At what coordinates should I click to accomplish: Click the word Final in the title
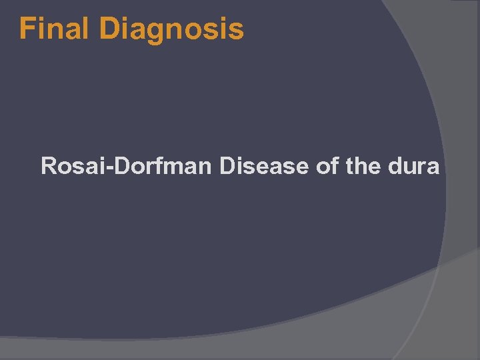(x=55, y=29)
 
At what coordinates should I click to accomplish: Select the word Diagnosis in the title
(x=171, y=29)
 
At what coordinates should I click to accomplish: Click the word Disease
(x=265, y=165)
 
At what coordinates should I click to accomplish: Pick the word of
(x=327, y=165)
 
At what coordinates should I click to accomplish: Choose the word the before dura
(x=363, y=165)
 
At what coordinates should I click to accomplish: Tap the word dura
(x=412, y=165)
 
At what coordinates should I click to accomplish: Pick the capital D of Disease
(x=227, y=165)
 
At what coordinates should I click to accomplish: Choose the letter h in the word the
(x=362, y=165)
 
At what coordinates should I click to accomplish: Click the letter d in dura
(x=393, y=165)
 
